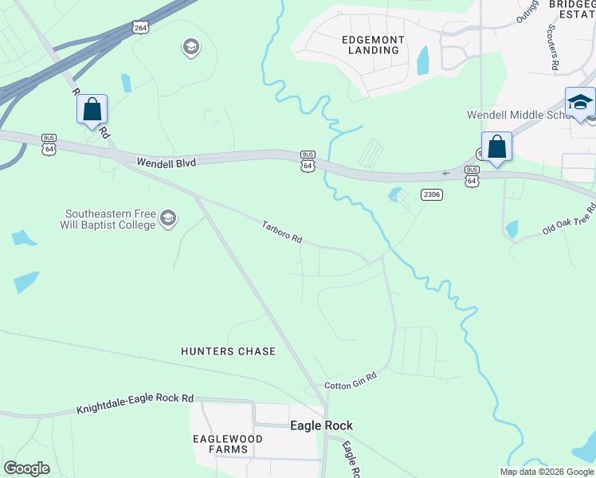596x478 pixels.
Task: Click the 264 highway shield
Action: click(x=140, y=28)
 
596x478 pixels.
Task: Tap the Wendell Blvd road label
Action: click(x=166, y=161)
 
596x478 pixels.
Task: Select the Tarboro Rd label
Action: click(x=283, y=233)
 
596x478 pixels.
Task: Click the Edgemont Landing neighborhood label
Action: click(x=373, y=45)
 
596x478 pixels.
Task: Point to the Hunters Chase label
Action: click(x=229, y=351)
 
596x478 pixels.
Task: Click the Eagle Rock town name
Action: click(x=321, y=426)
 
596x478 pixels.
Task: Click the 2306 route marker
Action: click(x=432, y=194)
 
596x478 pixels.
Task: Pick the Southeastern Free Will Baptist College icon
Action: click(x=168, y=218)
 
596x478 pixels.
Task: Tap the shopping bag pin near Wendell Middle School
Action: click(x=496, y=147)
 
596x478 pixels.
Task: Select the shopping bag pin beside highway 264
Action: click(x=92, y=109)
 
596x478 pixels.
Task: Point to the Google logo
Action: click(x=26, y=468)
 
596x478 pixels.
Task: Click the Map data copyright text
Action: click(x=547, y=472)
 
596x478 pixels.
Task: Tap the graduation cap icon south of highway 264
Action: click(x=190, y=48)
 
